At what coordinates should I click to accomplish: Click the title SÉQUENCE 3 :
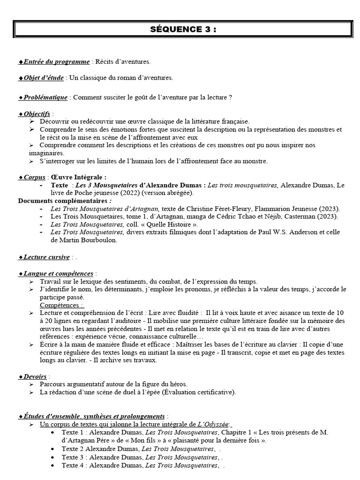(183, 30)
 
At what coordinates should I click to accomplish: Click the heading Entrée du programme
(54, 62)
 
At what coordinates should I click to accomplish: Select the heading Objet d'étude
(43, 78)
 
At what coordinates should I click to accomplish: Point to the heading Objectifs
(36, 114)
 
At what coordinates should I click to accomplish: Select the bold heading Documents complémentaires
(62, 201)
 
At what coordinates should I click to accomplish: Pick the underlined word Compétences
(61, 305)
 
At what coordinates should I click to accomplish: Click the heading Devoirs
(35, 376)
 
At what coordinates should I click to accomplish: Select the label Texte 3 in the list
(73, 457)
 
